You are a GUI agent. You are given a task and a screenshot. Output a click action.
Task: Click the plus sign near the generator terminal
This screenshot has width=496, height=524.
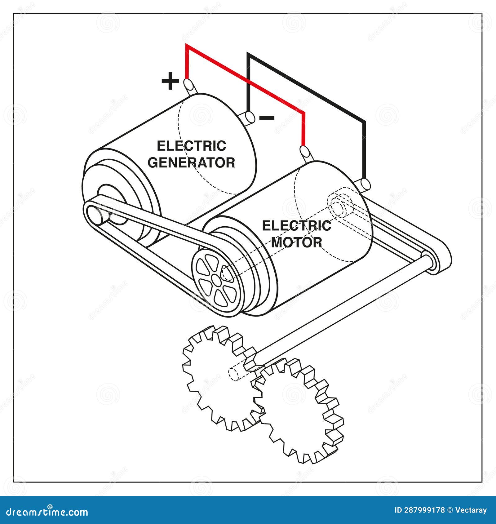coord(170,81)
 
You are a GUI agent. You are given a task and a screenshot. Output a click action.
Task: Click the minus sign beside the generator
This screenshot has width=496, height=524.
coord(267,118)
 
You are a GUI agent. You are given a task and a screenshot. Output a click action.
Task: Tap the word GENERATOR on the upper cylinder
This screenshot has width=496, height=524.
coord(191,162)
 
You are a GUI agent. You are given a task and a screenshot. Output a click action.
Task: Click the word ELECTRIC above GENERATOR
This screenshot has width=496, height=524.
coord(191,146)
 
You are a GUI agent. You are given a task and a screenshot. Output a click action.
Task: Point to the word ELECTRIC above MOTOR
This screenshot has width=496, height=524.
coord(297,226)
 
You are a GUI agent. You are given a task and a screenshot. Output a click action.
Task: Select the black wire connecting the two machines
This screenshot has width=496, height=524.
coord(310,90)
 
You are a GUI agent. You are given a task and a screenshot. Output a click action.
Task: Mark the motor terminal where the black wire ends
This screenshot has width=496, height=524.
coord(365,184)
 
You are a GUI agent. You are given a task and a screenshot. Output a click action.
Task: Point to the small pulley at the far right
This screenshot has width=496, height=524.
coord(429,262)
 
